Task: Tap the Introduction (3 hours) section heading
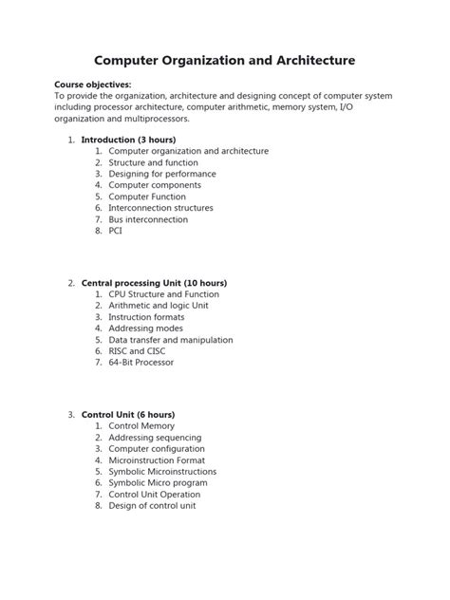(x=127, y=140)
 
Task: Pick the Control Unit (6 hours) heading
(x=128, y=415)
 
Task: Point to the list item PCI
(x=116, y=231)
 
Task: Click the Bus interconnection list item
(x=148, y=219)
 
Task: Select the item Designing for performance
(x=162, y=174)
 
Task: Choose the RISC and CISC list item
(x=137, y=351)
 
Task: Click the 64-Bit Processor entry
(x=141, y=363)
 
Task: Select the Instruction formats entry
(x=148, y=317)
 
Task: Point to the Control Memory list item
(x=142, y=426)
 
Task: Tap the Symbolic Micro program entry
(x=158, y=483)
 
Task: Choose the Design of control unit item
(x=152, y=506)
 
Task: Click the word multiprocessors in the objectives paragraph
(x=148, y=119)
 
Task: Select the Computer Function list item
(x=147, y=197)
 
